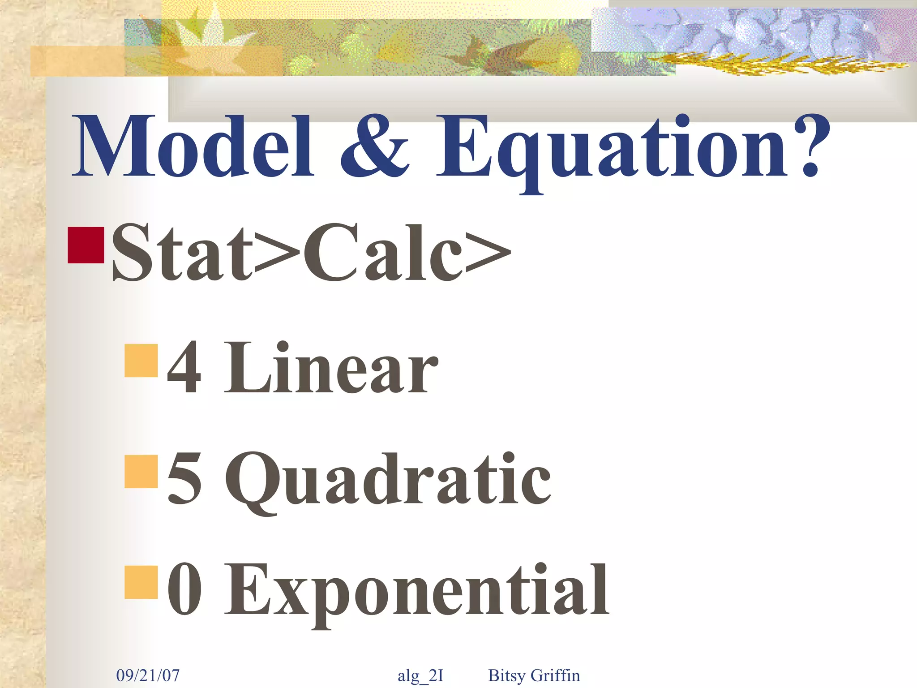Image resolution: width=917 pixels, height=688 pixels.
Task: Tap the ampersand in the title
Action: tap(374, 146)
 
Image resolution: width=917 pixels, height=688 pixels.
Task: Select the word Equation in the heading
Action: tap(612, 148)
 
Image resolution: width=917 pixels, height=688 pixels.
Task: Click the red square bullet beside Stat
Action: tap(86, 245)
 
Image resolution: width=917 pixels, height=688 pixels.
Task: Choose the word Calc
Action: tap(383, 253)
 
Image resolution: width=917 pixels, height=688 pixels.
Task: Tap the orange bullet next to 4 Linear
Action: tap(141, 360)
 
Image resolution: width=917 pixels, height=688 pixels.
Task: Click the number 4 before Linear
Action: tap(184, 367)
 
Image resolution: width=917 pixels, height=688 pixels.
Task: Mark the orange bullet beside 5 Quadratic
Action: tap(141, 471)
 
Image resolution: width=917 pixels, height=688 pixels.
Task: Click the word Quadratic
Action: tap(388, 482)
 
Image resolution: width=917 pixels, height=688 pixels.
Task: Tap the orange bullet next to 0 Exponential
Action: tap(141, 582)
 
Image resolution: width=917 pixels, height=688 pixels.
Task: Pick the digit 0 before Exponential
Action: tap(184, 589)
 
